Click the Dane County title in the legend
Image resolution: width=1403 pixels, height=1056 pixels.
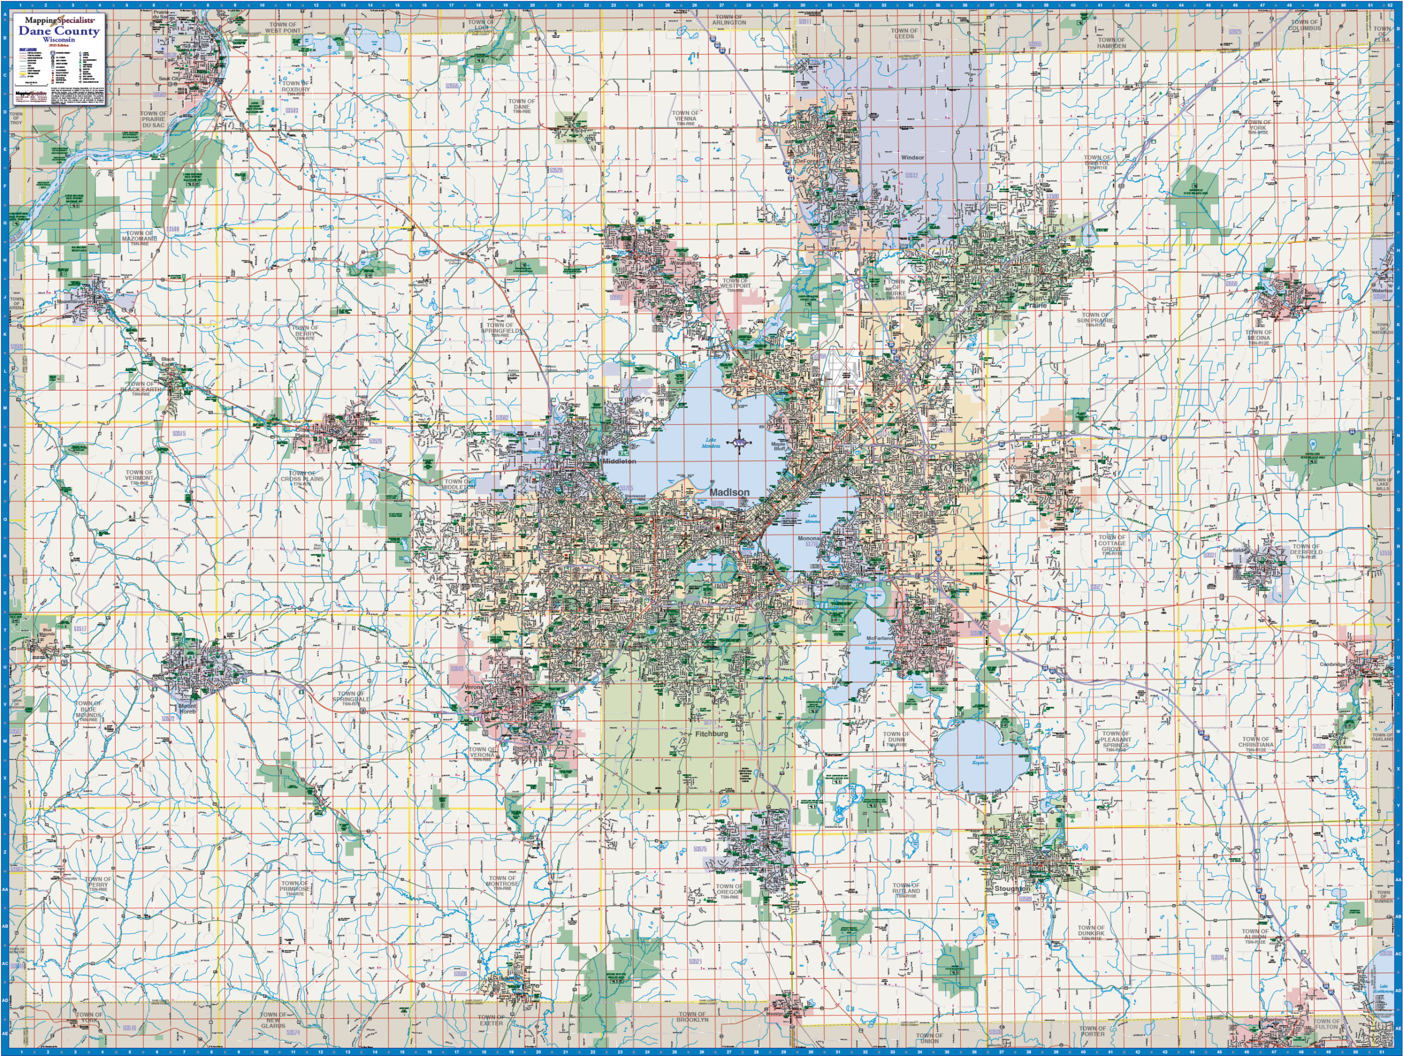(59, 31)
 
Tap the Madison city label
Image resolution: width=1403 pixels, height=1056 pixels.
(729, 492)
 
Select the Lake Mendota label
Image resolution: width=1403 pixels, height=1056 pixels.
(710, 443)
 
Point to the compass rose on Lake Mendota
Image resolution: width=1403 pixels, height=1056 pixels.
(739, 442)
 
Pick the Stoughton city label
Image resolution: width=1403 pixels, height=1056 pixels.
(1012, 888)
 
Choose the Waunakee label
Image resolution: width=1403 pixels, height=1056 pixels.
(685, 262)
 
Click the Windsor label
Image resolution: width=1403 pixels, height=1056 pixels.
(912, 157)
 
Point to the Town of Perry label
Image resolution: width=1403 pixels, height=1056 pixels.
(98, 882)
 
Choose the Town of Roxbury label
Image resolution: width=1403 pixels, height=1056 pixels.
(295, 86)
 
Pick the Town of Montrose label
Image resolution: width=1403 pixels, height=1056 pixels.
(503, 882)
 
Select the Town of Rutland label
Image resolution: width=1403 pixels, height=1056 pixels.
(906, 888)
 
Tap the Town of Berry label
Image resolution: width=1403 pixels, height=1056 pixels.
(305, 331)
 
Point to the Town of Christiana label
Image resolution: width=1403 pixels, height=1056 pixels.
(1256, 742)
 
